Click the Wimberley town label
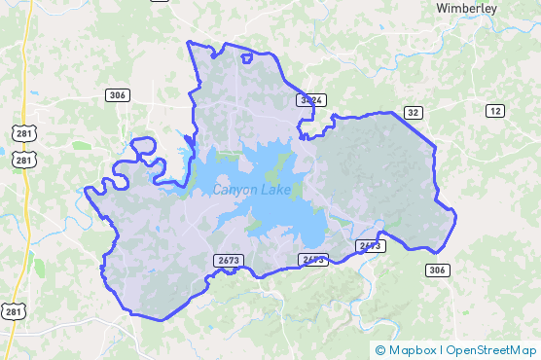click(x=467, y=9)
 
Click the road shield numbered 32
click(x=415, y=113)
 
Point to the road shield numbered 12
click(x=495, y=112)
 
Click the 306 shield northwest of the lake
click(x=118, y=94)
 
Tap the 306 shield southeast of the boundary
click(x=437, y=270)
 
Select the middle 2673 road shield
click(x=313, y=259)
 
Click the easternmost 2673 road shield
click(x=370, y=245)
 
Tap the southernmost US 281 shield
click(x=14, y=311)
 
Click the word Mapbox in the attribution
click(x=413, y=349)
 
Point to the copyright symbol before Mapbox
click(x=380, y=349)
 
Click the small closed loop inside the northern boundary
click(x=247, y=58)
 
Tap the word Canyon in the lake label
click(x=234, y=189)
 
